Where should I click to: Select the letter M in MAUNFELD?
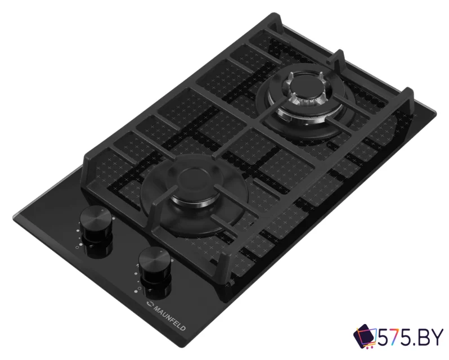[156, 309]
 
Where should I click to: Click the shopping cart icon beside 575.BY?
[365, 337]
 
